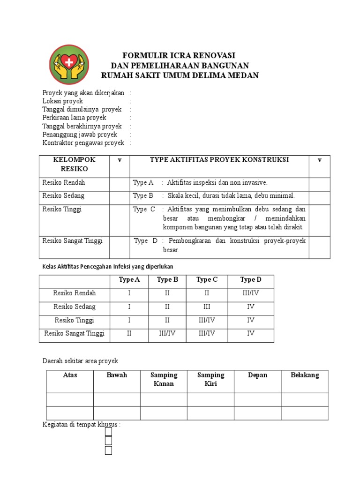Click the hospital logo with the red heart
click(68, 64)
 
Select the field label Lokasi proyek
click(63, 101)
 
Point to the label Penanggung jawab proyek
click(80, 135)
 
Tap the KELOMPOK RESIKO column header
click(71, 164)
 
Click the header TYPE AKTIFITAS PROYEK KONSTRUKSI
click(219, 160)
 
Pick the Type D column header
click(251, 280)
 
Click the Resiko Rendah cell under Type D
click(251, 293)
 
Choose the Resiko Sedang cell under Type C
click(207, 307)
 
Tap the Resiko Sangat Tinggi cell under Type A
click(129, 334)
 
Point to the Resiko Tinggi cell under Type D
click(251, 321)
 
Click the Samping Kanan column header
click(164, 379)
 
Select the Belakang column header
click(305, 375)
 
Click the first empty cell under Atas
click(70, 400)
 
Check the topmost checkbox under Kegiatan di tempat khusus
click(108, 432)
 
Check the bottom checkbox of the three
click(108, 450)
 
